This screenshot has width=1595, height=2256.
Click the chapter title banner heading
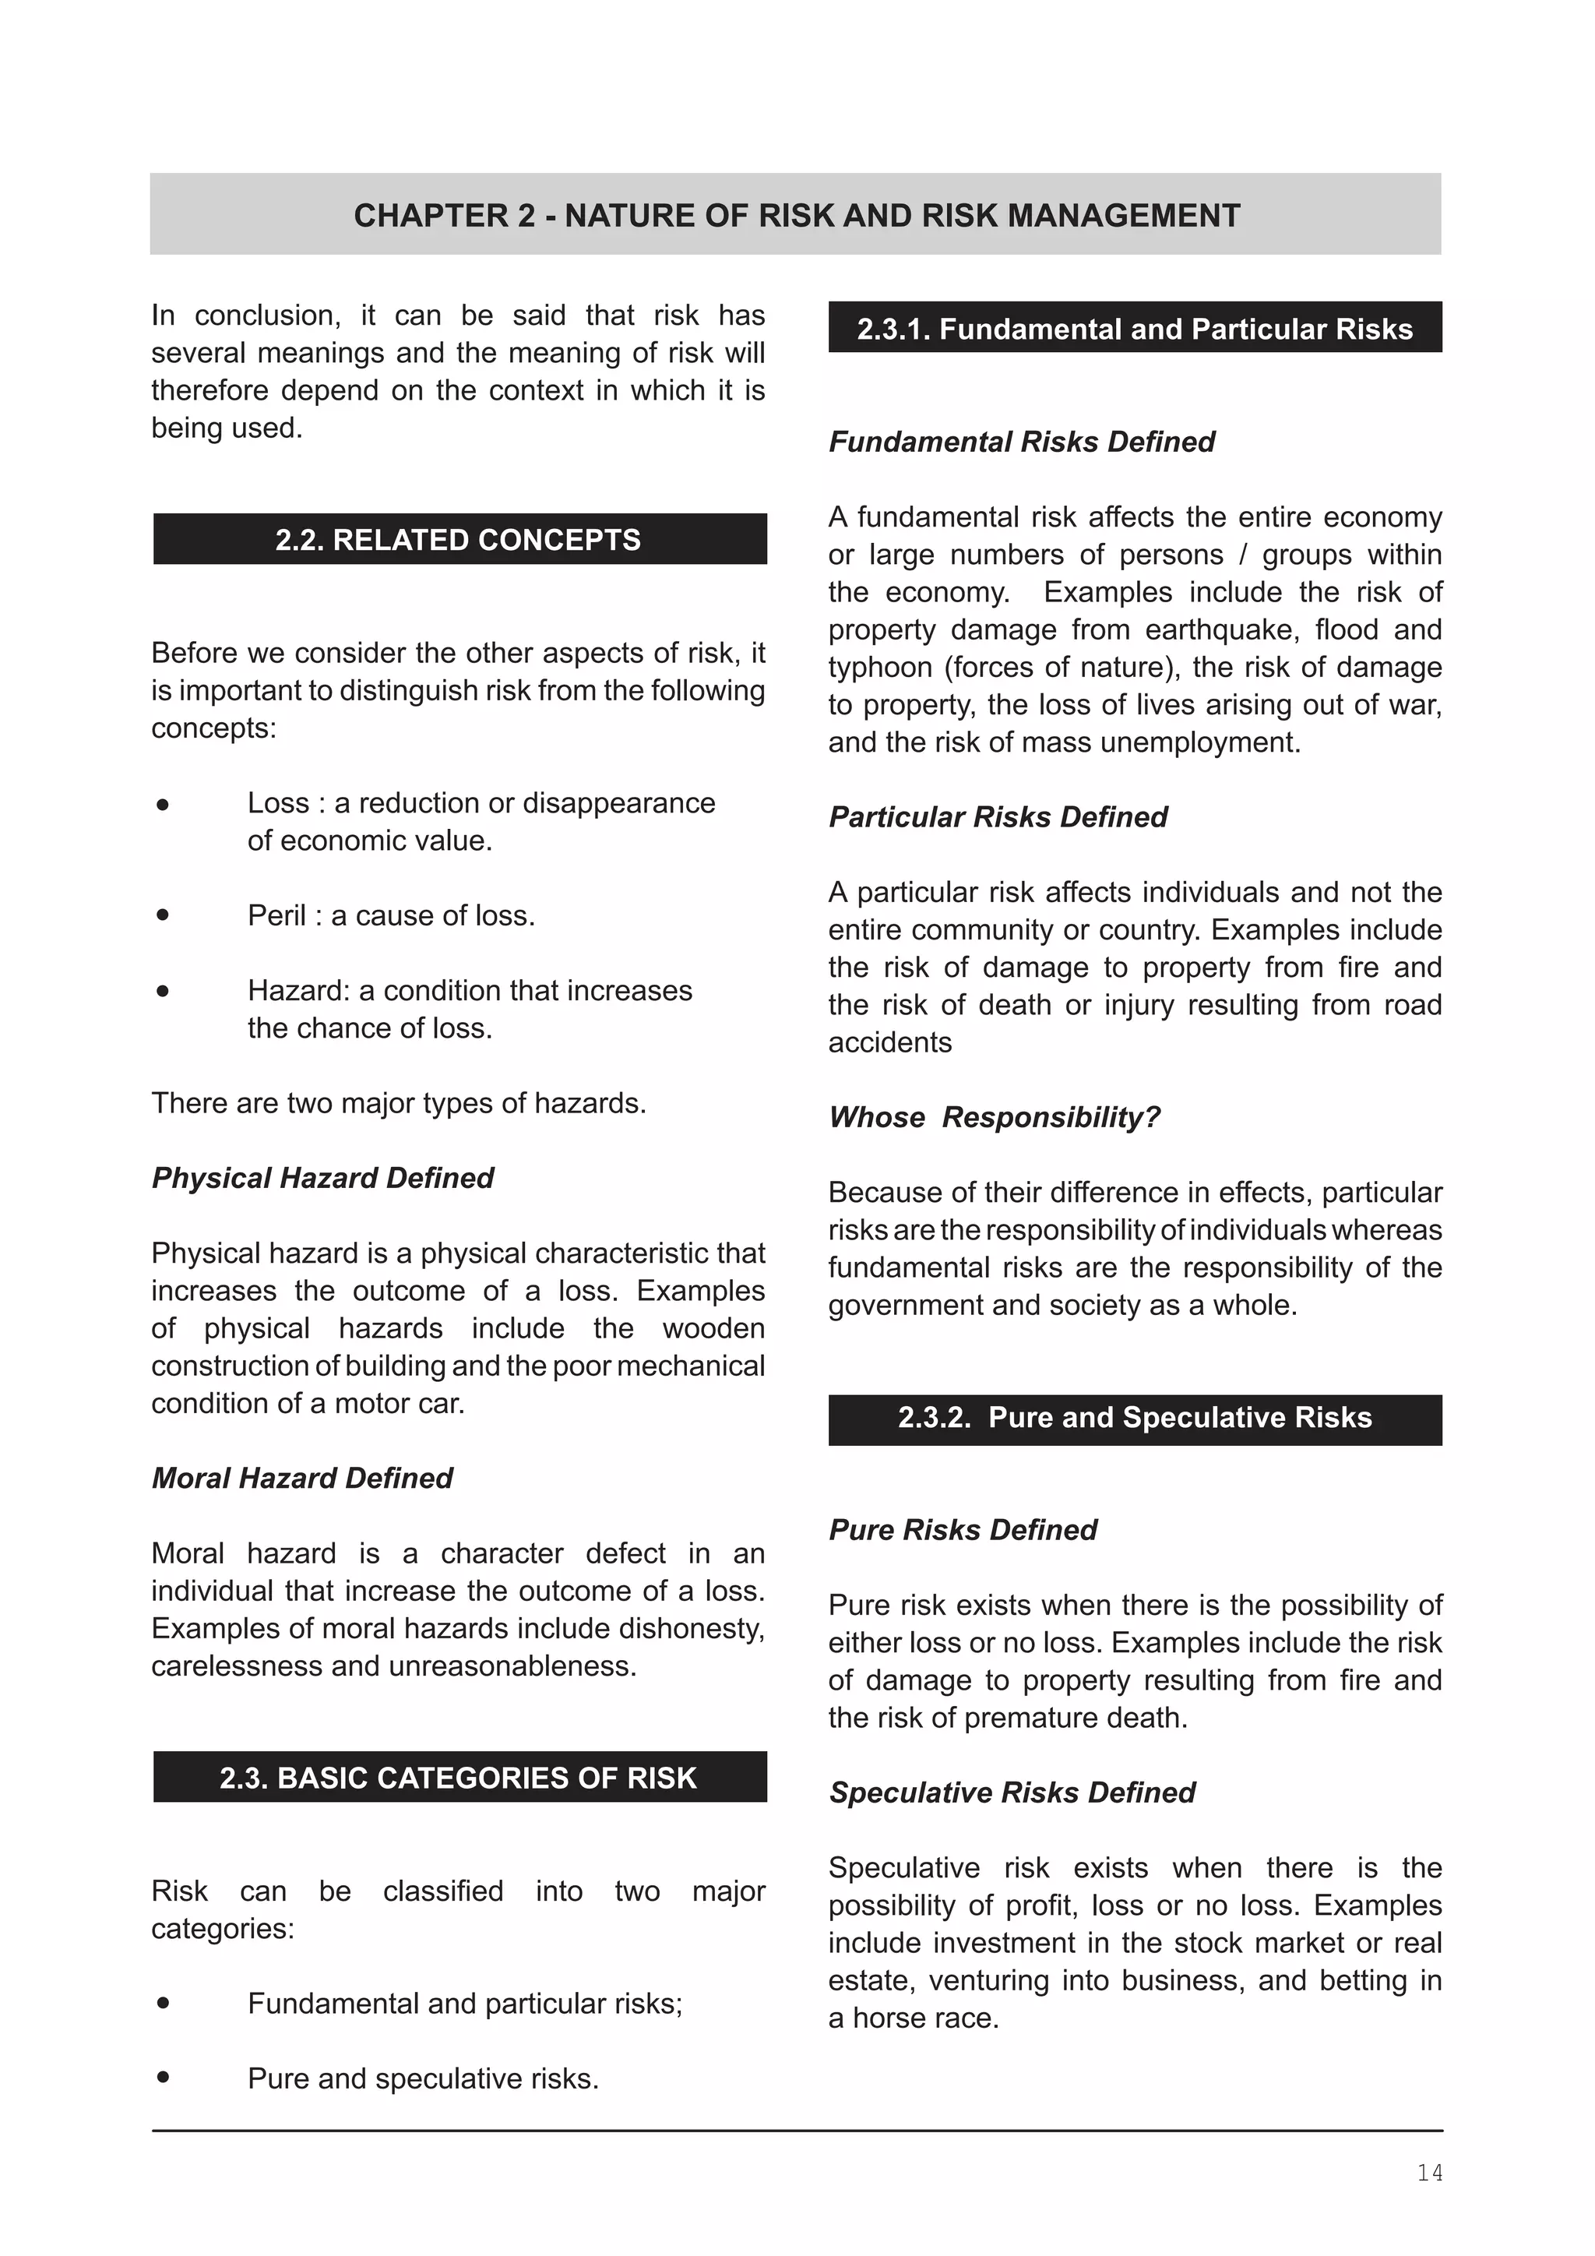[x=797, y=215]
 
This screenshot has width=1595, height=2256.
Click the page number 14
[x=1429, y=2173]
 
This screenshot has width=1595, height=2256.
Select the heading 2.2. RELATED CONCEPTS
[x=459, y=539]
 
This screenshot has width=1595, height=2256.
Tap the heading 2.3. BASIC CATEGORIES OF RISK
[x=459, y=1778]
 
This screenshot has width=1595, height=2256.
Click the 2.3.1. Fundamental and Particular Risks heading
[x=1135, y=328]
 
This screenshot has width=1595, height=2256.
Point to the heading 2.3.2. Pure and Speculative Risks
[x=1135, y=1417]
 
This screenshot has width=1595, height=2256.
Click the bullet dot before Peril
[x=163, y=915]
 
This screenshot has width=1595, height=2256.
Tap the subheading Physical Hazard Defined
[x=322, y=1177]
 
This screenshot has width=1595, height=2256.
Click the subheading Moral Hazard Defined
[x=301, y=1478]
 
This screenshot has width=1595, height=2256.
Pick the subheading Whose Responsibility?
[x=994, y=1117]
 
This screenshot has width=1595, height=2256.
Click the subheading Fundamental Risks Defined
[x=1022, y=441]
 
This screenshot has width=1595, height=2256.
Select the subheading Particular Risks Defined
[x=998, y=816]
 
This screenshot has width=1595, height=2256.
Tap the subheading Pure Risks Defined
[x=963, y=1530]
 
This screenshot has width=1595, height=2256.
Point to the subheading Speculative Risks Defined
[x=1012, y=1792]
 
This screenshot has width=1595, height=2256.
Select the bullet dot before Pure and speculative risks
[x=163, y=2077]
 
